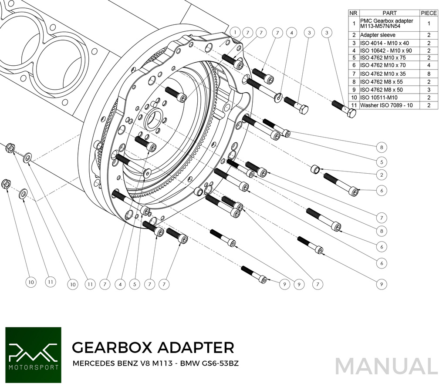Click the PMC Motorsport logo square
point(33,355)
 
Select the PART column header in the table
point(389,13)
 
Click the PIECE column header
point(429,13)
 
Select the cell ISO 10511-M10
point(378,97)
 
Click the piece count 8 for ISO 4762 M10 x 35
point(429,74)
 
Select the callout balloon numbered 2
point(381,175)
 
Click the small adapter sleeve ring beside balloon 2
point(316,169)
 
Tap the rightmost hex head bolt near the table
point(350,113)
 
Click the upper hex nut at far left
point(9,148)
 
